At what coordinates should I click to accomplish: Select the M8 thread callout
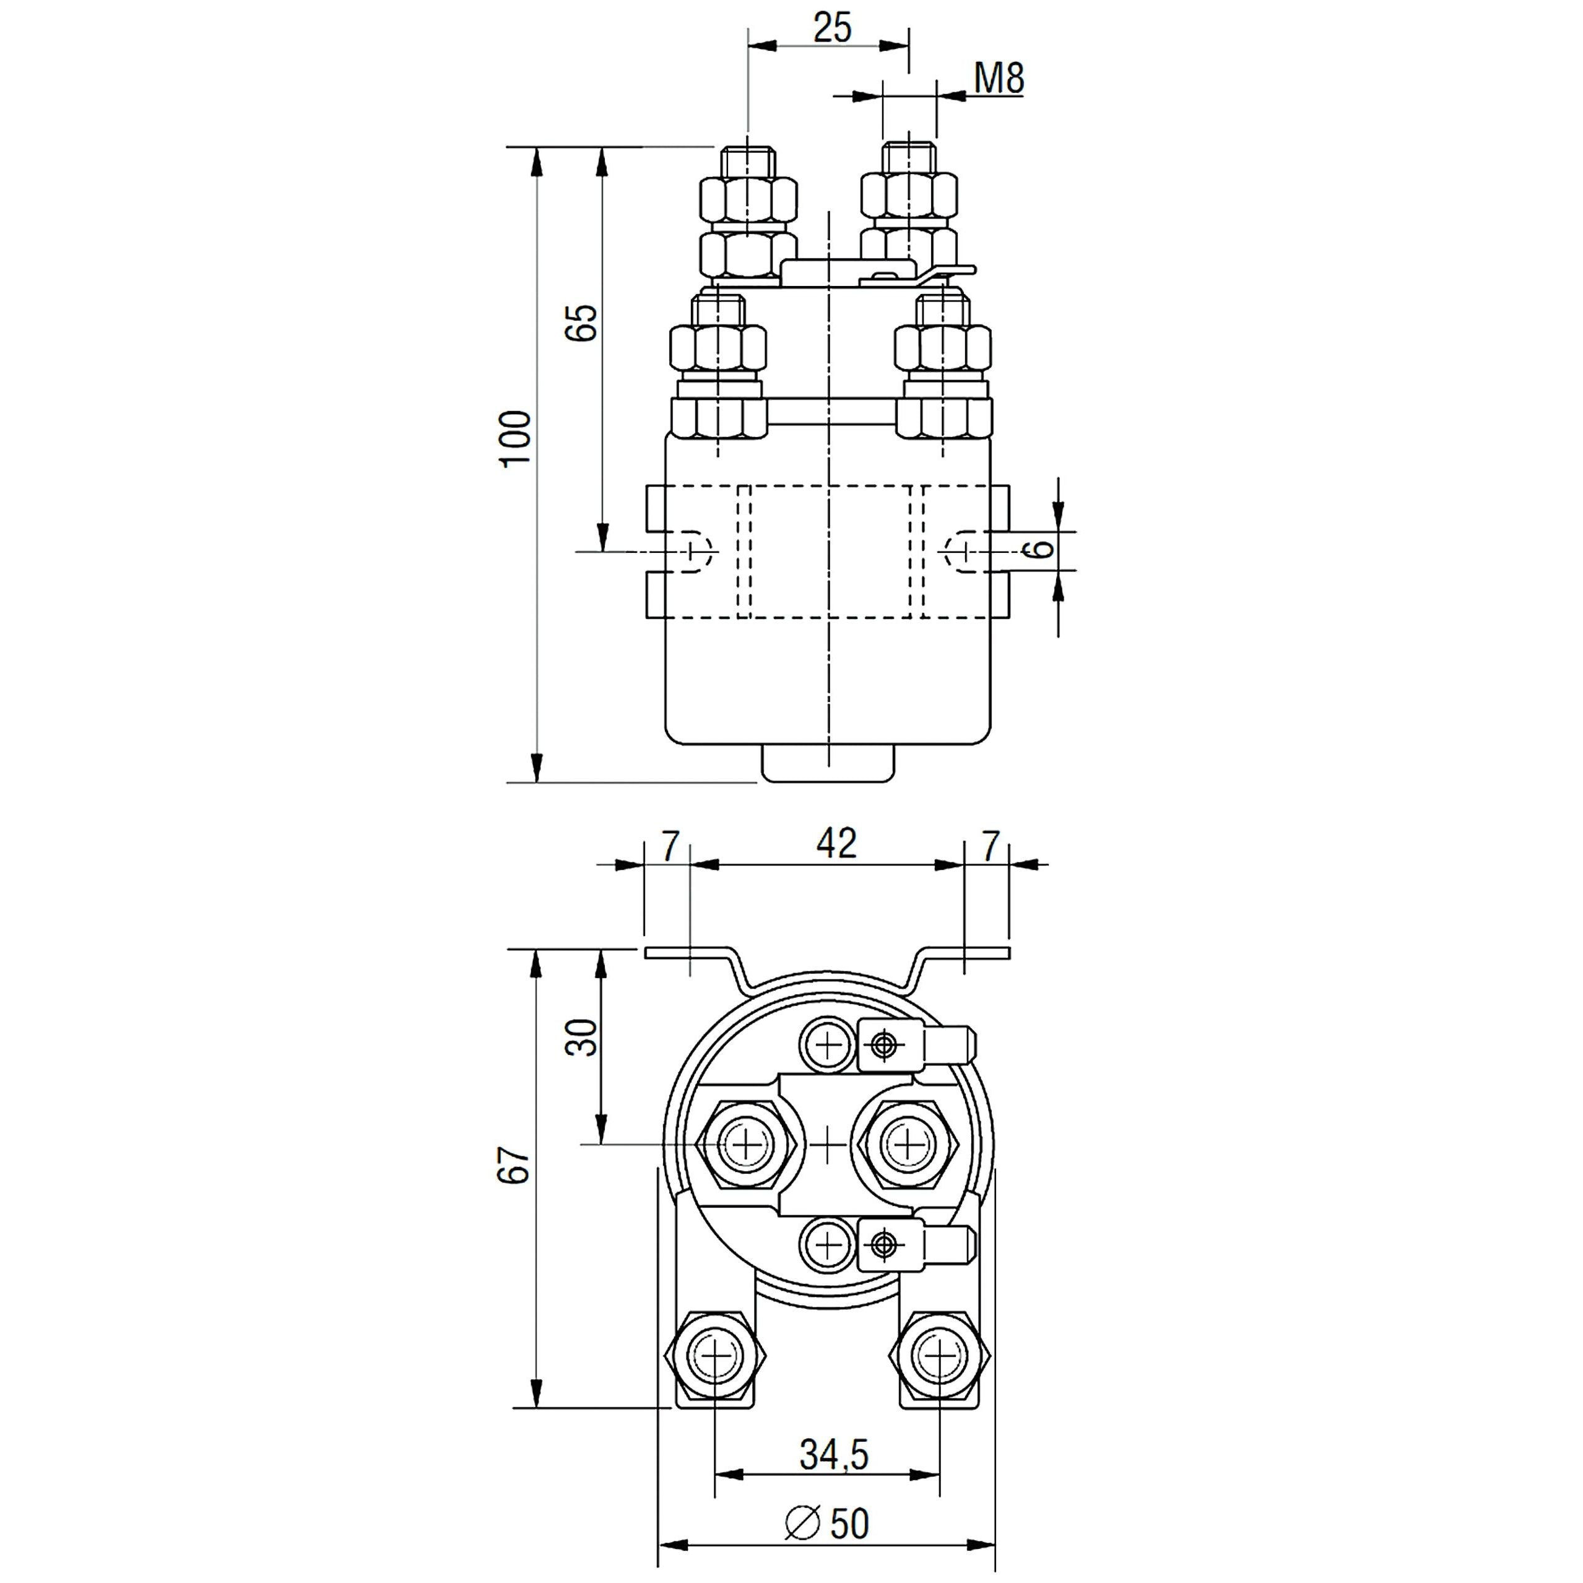pos(999,79)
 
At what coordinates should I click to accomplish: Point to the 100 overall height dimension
pos(517,439)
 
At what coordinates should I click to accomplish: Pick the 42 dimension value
pos(836,844)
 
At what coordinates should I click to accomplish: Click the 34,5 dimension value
pos(833,1454)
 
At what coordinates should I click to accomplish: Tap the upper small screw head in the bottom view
pos(829,1044)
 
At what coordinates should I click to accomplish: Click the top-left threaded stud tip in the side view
pos(747,158)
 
